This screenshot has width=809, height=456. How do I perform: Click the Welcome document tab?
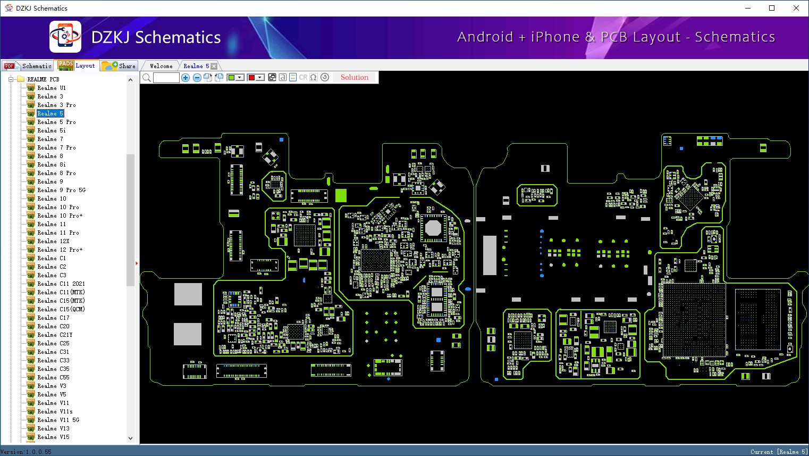161,66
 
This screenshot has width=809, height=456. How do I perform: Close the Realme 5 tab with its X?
214,66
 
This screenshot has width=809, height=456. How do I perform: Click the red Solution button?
355,77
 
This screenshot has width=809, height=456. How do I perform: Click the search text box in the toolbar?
166,78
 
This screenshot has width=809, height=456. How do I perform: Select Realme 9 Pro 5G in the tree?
61,190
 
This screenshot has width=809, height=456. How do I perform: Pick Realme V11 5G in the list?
58,420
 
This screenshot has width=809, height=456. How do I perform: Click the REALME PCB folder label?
43,79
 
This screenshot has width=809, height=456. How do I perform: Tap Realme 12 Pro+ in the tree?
60,250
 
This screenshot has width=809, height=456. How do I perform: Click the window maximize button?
772,8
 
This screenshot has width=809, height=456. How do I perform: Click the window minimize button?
748,8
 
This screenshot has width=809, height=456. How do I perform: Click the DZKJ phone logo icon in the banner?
65,37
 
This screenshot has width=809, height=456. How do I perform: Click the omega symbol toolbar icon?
314,78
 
